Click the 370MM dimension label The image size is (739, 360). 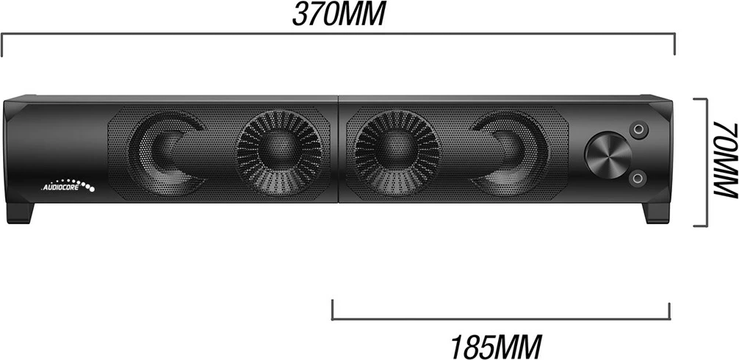338,15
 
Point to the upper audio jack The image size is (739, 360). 641,131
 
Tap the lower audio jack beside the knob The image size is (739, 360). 641,177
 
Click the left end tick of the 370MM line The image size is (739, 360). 3,44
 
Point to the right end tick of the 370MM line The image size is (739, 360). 674,44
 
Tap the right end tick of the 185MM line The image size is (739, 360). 669,309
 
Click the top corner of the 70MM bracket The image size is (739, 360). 705,100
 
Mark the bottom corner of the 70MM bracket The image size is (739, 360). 705,226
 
